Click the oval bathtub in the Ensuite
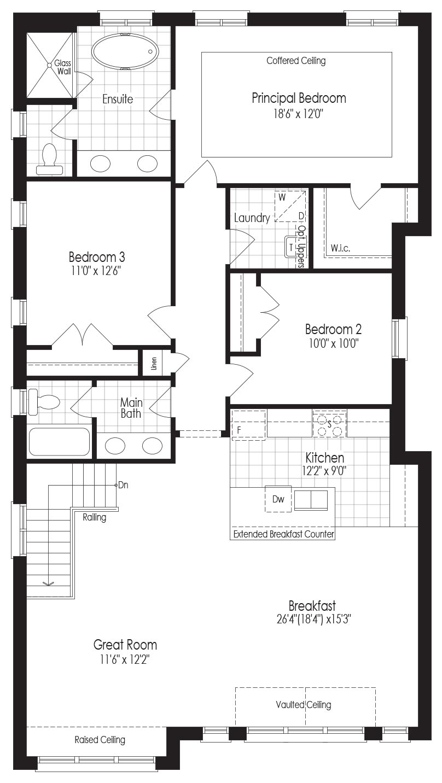125,51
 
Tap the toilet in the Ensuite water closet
50,160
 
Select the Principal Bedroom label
299,98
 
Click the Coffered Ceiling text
296,61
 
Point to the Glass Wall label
63,67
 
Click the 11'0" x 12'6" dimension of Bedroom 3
96,271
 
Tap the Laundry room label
252,218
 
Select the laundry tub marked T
291,247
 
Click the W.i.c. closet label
340,249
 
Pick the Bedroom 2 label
333,329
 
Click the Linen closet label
154,364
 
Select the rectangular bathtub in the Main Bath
59,442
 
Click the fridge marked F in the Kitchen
248,425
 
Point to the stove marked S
329,424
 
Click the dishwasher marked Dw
278,499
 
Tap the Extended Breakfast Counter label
283,534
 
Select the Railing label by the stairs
95,517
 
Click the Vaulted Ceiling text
304,705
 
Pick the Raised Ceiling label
100,740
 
